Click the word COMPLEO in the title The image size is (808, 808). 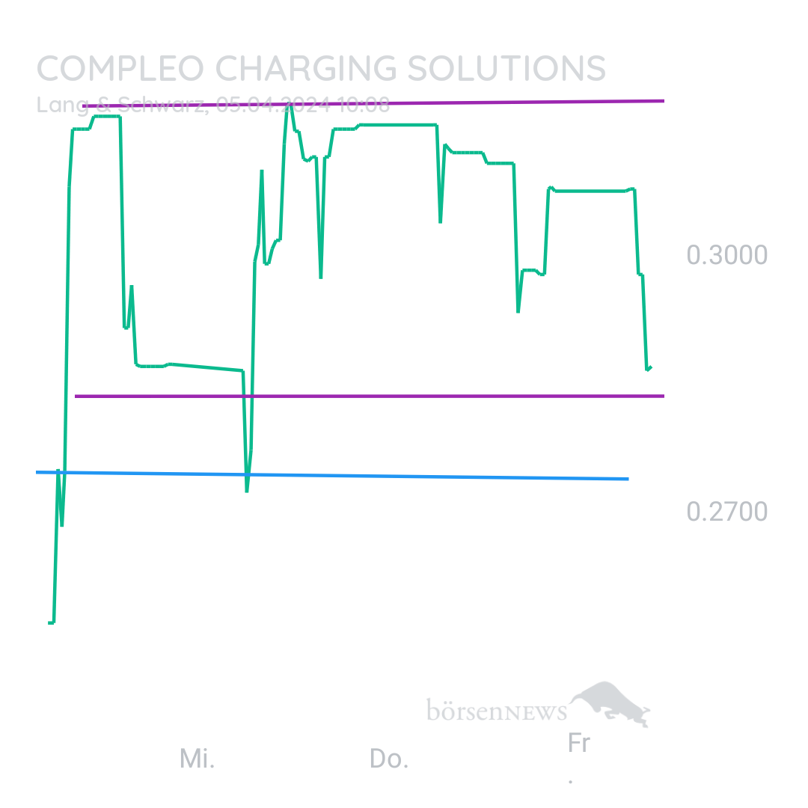(x=120, y=69)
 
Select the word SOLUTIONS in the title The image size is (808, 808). (x=506, y=69)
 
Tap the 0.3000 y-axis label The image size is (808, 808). (x=726, y=255)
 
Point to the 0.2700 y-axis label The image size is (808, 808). (x=726, y=512)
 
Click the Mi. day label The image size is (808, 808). (x=197, y=759)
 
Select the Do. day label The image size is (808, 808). (x=388, y=759)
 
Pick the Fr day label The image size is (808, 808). (x=578, y=744)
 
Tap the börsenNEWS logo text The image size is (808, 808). (x=496, y=709)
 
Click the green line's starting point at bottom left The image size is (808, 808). (x=50, y=622)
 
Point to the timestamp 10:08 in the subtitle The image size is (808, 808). (x=364, y=105)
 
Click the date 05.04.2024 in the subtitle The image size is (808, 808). (x=274, y=105)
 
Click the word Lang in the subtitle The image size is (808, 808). (x=57, y=105)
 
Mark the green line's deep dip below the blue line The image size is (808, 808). (x=247, y=490)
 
